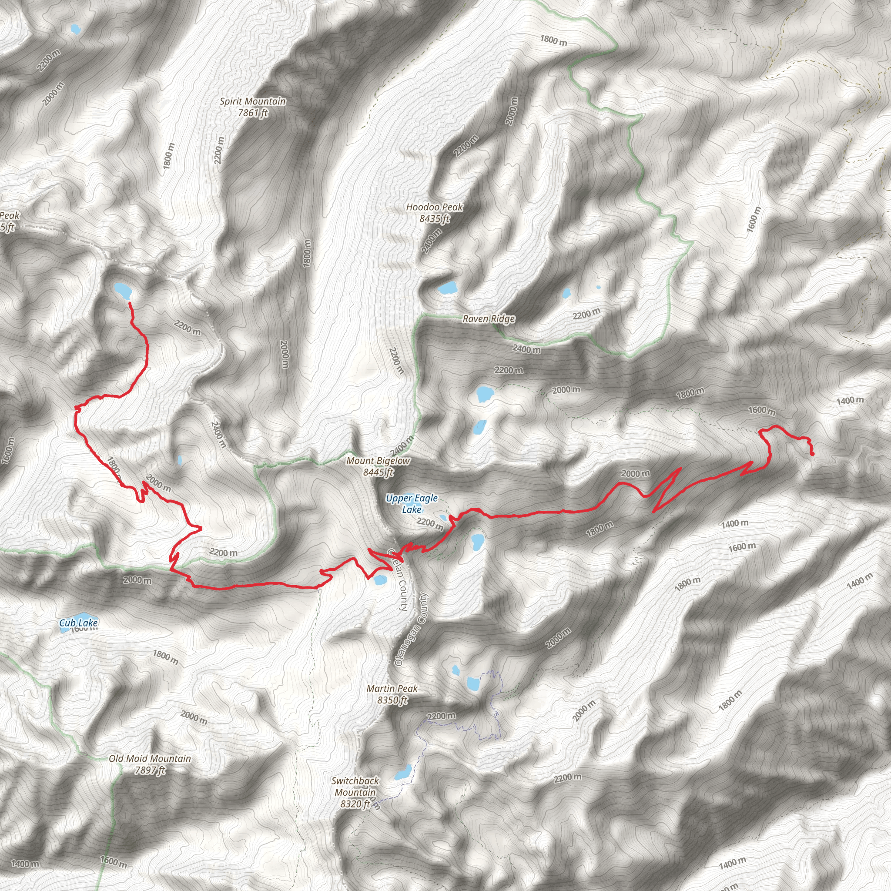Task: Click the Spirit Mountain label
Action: tap(252, 107)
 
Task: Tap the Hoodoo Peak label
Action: tap(435, 213)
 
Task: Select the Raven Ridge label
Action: tap(489, 318)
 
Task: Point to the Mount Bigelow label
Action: tap(378, 466)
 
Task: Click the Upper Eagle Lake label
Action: tap(412, 504)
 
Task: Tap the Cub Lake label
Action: tap(78, 623)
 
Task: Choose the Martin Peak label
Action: tap(392, 694)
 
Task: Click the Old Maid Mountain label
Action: tap(150, 764)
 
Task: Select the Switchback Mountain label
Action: tap(355, 792)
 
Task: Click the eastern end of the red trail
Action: tap(812, 454)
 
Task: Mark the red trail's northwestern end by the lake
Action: tap(129, 303)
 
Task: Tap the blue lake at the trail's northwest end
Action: tap(123, 290)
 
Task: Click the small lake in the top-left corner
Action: tap(75, 29)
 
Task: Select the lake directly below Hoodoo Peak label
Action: tap(447, 288)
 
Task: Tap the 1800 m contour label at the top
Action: tap(553, 40)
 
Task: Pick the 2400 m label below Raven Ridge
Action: tap(527, 349)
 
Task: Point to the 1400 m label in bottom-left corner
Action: tap(25, 864)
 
